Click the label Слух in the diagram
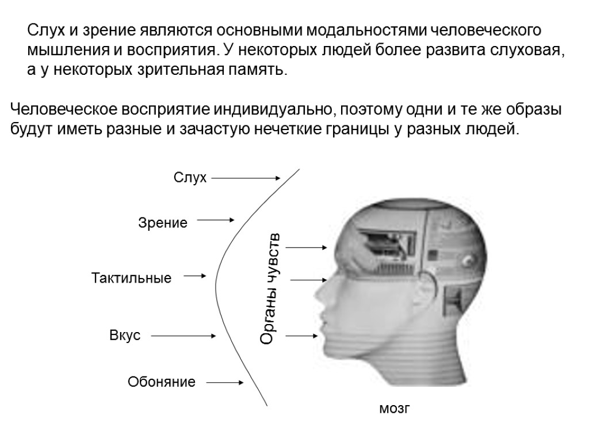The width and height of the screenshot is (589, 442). pos(190,178)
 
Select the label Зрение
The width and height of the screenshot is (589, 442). pos(163,223)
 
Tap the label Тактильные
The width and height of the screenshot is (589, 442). pos(132,279)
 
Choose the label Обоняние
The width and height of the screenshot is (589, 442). pos(162,382)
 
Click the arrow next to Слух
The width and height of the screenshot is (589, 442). pos(246,178)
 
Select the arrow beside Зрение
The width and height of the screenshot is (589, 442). pos(216,220)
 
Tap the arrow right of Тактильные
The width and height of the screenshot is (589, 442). pos(195,277)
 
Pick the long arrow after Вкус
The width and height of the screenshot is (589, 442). pos(183,336)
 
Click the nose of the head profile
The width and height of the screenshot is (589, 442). pos(318,294)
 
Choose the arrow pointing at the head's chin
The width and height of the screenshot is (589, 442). pos(301,336)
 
